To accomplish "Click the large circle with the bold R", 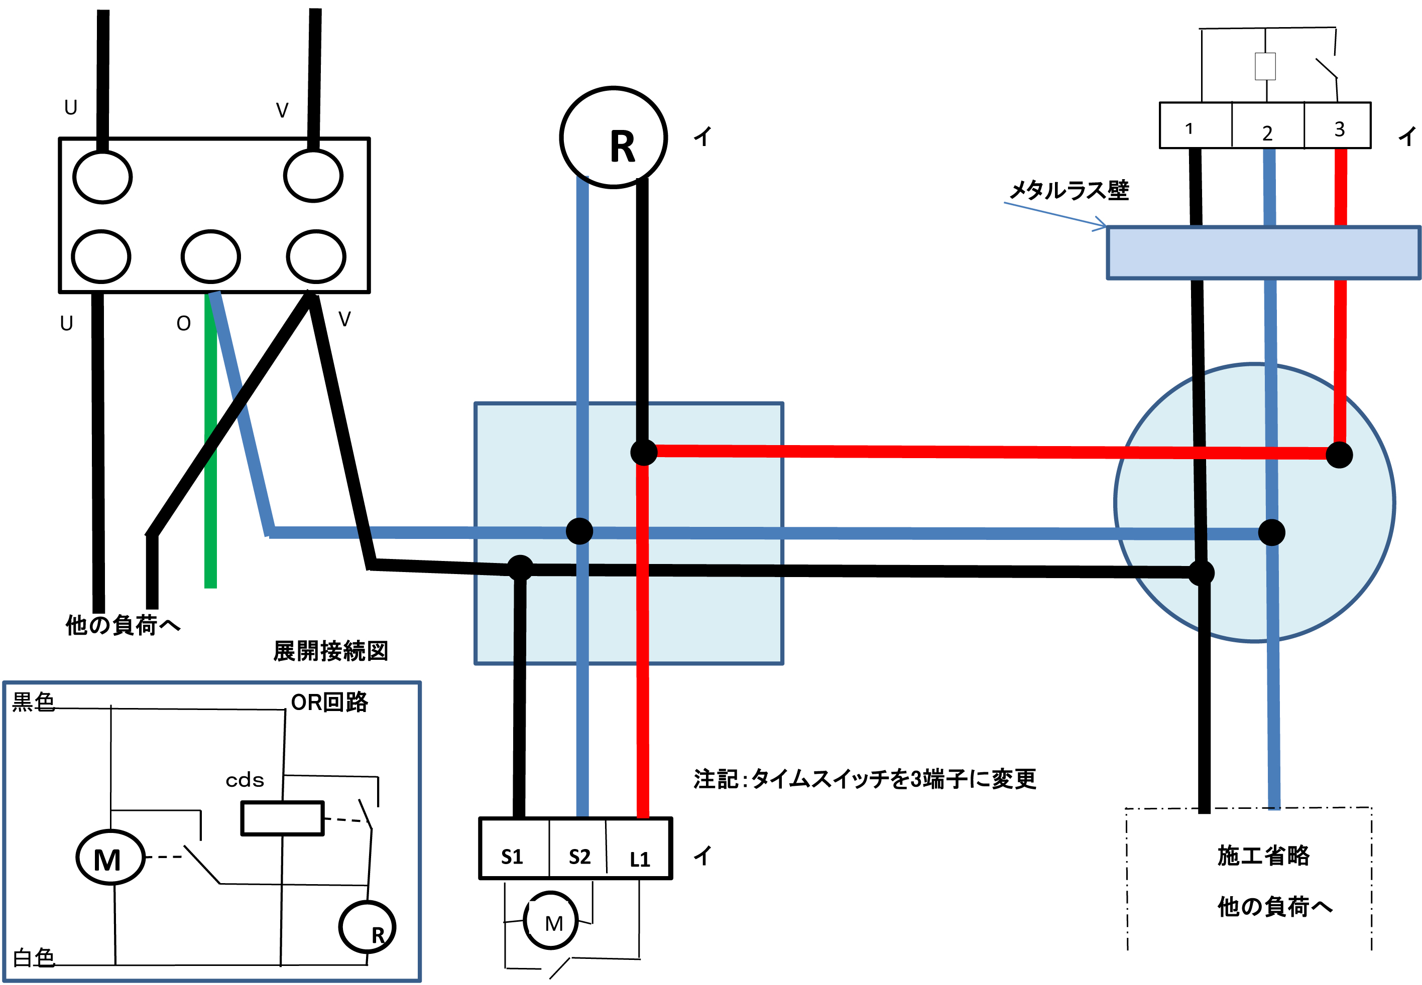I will pos(613,137).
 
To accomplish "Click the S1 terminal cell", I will pos(514,849).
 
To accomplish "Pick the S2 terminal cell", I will pos(578,849).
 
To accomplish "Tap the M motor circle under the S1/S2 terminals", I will pos(551,920).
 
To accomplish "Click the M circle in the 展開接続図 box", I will pos(110,857).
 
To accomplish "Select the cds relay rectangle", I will pos(282,818).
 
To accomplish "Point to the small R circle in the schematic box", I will pos(368,927).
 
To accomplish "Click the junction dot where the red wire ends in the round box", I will pos(1339,455).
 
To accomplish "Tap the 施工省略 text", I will pos(1263,856).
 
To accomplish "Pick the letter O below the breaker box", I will pos(183,323).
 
